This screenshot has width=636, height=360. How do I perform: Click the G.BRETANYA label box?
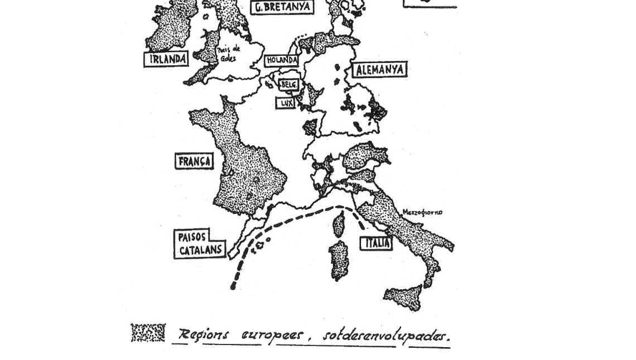(282, 7)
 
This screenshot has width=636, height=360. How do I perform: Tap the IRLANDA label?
(166, 59)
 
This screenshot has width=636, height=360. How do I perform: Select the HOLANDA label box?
(282, 60)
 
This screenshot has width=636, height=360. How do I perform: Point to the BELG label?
(288, 85)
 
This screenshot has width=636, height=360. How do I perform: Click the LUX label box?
(286, 103)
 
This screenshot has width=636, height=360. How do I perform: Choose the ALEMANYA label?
(379, 70)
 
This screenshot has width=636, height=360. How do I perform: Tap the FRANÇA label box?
(195, 162)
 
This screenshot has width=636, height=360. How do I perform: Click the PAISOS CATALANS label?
(199, 244)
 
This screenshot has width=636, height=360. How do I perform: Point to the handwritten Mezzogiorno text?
(422, 212)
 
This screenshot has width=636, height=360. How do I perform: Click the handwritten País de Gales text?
(228, 54)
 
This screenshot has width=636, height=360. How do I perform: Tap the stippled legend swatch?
(148, 333)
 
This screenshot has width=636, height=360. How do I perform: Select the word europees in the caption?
(273, 335)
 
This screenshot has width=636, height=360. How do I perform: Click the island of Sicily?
(403, 296)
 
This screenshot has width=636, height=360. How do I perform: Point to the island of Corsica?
(339, 224)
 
